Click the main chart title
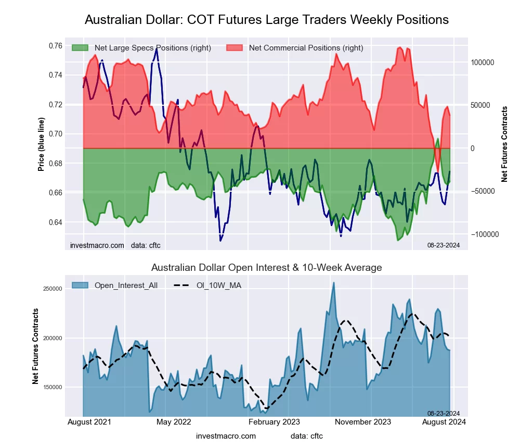(x=266, y=20)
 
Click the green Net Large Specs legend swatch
(x=80, y=48)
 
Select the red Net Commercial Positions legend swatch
(x=235, y=48)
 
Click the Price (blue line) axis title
(x=41, y=144)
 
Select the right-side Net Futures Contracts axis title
(x=504, y=144)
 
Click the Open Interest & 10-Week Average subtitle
(x=266, y=268)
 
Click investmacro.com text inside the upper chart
(x=97, y=245)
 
